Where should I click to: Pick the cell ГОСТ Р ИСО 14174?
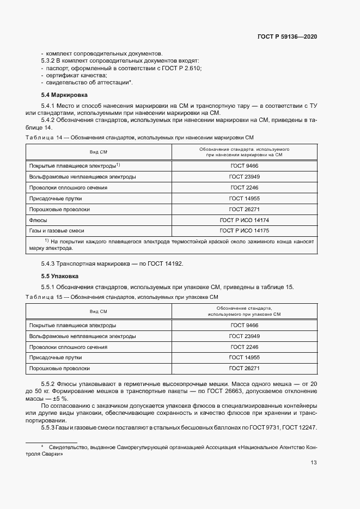click(244, 220)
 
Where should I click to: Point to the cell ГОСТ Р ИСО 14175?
click(244, 231)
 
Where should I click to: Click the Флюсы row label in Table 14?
click(38, 220)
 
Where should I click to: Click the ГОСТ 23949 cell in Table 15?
click(244, 336)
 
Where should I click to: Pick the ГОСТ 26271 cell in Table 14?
click(244, 209)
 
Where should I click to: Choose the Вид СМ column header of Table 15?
click(99, 311)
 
